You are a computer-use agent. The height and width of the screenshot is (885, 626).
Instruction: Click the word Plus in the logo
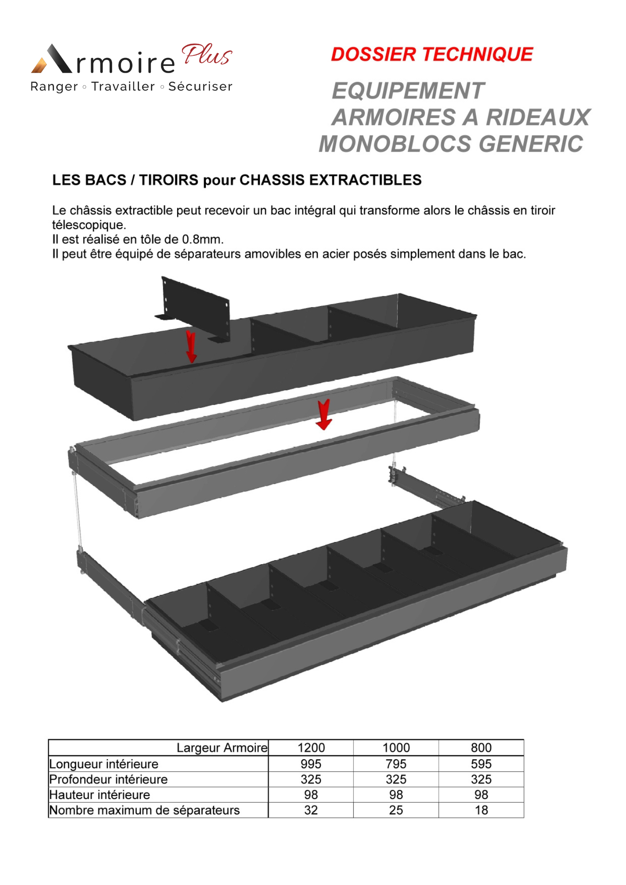coord(207,55)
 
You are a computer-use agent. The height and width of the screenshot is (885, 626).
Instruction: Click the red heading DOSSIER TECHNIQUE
coord(432,54)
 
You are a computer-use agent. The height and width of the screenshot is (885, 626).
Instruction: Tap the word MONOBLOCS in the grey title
coord(395,144)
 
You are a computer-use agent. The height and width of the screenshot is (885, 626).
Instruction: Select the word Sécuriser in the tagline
coord(201,86)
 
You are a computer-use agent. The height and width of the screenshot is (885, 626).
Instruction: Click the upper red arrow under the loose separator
coord(191,346)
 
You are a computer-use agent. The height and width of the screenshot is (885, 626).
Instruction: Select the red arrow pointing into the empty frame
coord(324,414)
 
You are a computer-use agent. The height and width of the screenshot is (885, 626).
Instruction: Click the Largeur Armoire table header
coord(222,748)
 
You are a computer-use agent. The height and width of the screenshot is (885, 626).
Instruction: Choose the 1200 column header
coord(311,748)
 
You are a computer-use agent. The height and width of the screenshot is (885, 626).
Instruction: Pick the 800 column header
coord(481,748)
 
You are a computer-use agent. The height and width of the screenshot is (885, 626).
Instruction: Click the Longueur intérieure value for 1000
coord(396,764)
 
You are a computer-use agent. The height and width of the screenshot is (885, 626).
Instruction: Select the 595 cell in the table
coord(481,764)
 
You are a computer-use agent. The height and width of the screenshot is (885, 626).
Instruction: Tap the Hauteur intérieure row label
coord(100,795)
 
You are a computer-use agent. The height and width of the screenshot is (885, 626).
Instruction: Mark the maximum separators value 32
coord(311,810)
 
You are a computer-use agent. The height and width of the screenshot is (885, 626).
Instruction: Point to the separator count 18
coord(481,810)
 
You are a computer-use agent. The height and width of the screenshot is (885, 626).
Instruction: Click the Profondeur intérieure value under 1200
coord(311,779)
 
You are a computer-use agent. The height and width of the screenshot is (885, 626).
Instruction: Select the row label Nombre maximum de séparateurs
coord(144,810)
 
